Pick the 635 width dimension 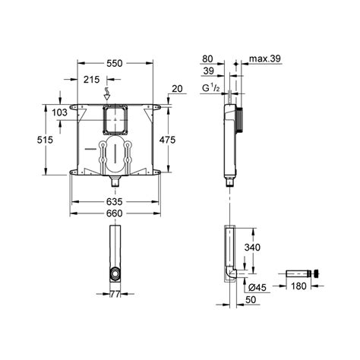114,202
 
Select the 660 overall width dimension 114,216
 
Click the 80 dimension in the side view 209,57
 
